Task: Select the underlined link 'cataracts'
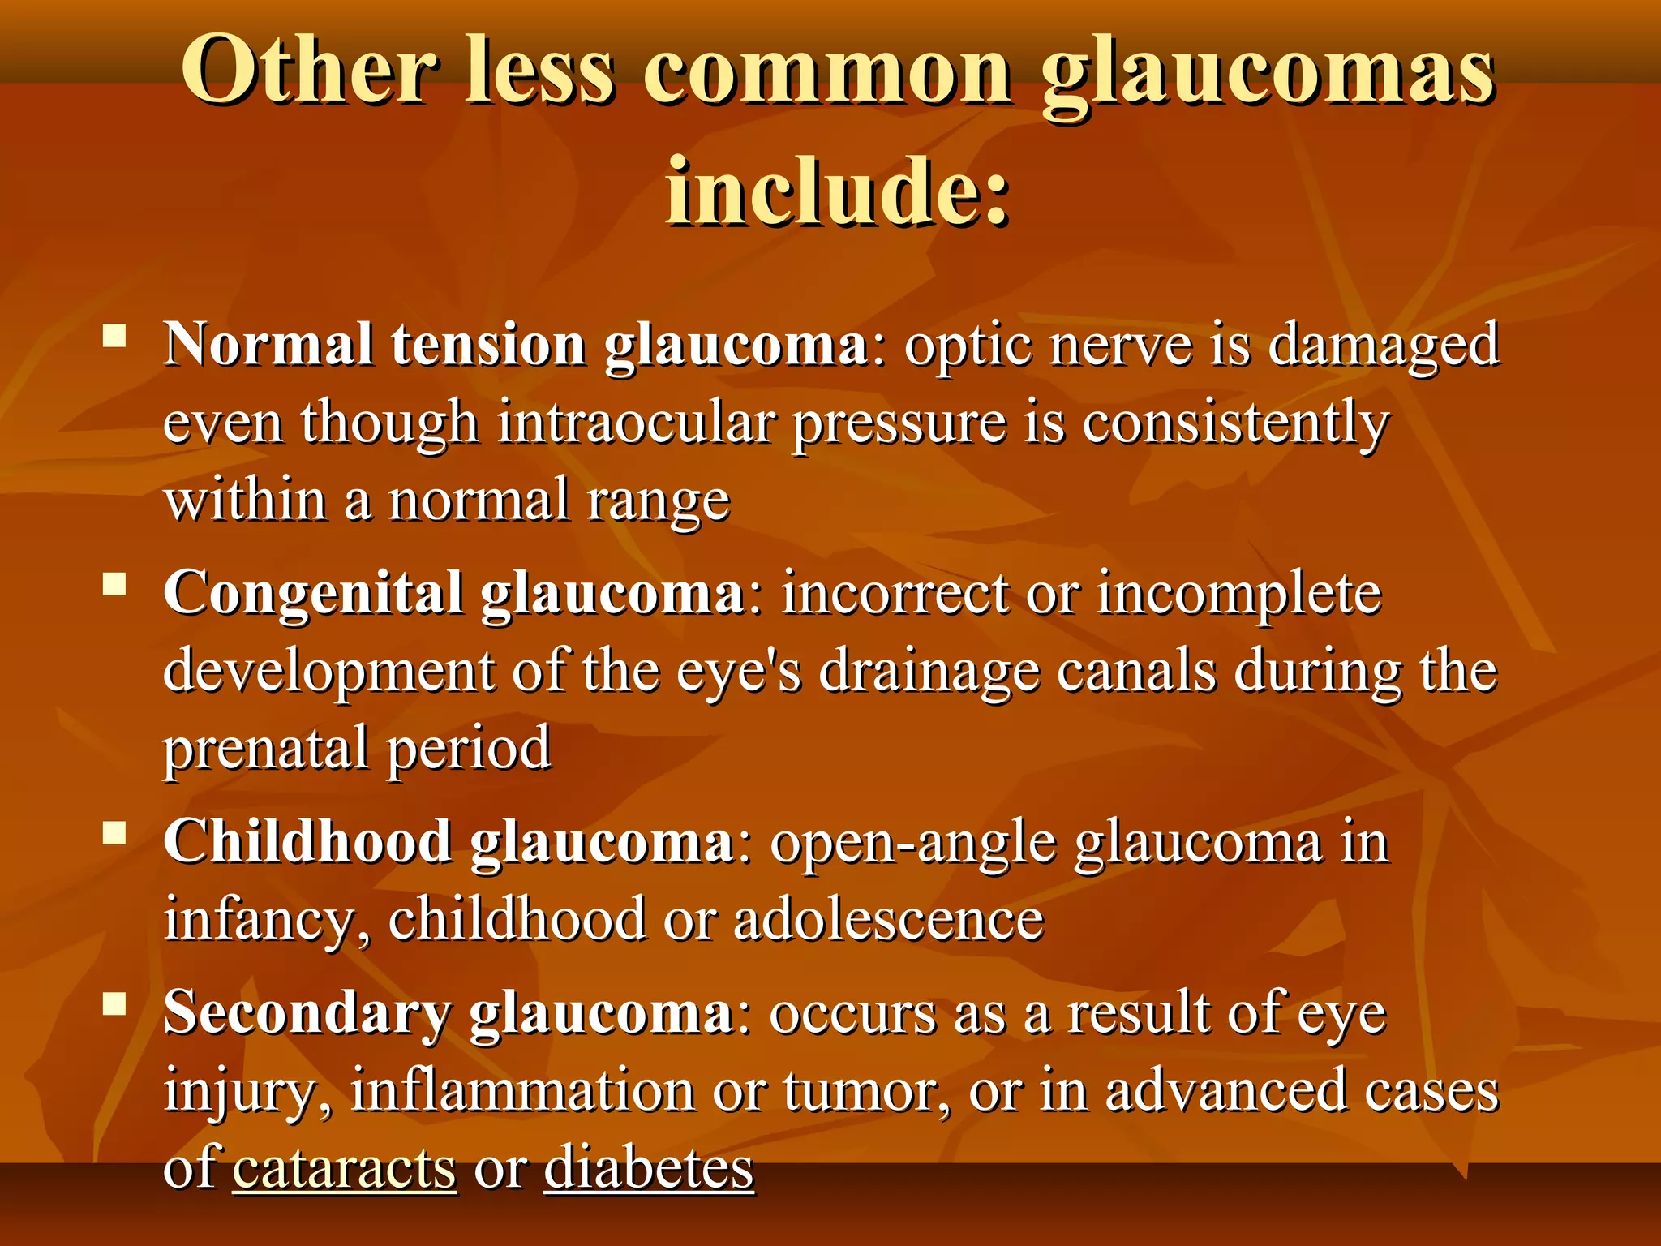(x=345, y=1169)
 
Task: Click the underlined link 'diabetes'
(x=649, y=1169)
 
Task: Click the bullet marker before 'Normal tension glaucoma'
(x=114, y=335)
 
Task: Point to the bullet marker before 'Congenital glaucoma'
(x=114, y=583)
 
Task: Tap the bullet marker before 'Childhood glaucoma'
(x=114, y=832)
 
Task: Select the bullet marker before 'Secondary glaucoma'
(x=114, y=1004)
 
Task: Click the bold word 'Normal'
(x=268, y=345)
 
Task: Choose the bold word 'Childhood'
(x=307, y=842)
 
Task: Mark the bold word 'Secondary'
(x=307, y=1014)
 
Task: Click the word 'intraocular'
(x=636, y=423)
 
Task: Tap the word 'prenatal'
(x=265, y=749)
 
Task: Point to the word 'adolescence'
(x=888, y=920)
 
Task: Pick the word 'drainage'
(x=929, y=672)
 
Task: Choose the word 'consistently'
(x=1235, y=423)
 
